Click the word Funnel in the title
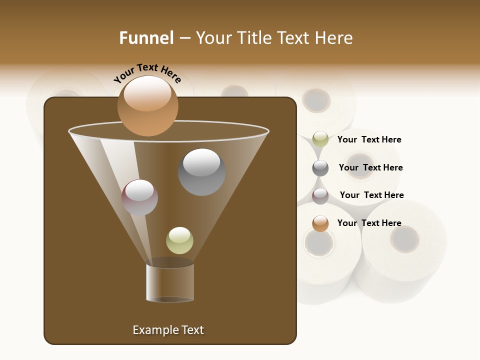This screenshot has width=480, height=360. (146, 38)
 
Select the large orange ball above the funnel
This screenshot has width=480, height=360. (147, 106)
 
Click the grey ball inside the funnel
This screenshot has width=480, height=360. (201, 172)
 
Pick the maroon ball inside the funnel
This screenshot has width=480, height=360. (139, 197)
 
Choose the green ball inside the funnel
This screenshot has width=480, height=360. (179, 240)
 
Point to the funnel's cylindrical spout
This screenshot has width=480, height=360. (170, 282)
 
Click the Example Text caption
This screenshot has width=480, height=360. (168, 330)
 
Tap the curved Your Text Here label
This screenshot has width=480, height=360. (147, 73)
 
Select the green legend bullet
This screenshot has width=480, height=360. (320, 139)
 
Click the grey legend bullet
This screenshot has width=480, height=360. (320, 168)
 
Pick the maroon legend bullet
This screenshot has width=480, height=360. (320, 196)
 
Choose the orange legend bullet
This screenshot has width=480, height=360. (320, 223)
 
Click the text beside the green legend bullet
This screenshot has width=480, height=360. (369, 139)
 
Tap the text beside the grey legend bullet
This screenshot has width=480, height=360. (370, 167)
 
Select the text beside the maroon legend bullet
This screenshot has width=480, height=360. (371, 195)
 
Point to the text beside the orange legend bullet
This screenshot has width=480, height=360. (369, 223)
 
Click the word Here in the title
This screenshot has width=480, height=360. (334, 38)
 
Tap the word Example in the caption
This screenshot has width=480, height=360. (153, 330)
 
